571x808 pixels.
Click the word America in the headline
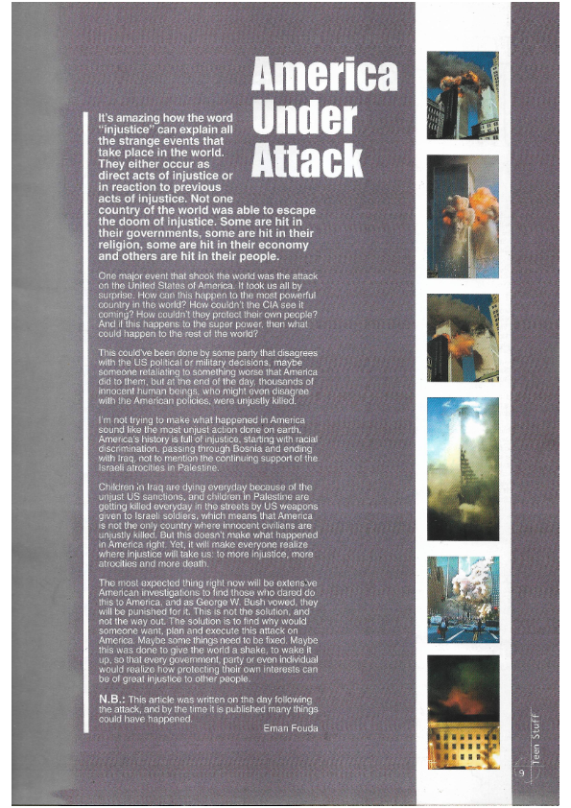tap(323, 75)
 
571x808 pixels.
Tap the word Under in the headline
tap(303, 119)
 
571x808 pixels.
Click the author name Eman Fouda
tap(289, 727)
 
